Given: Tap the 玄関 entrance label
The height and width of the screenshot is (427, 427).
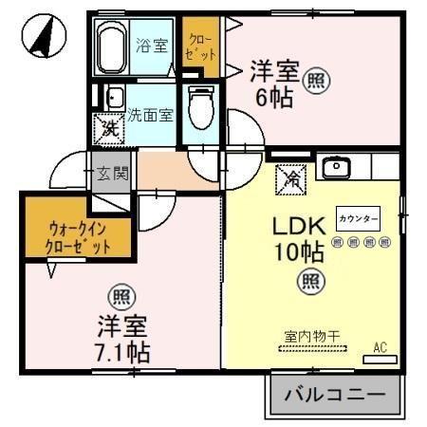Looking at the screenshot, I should (110, 173).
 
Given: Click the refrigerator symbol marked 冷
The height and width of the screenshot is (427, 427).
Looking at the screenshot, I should (289, 176).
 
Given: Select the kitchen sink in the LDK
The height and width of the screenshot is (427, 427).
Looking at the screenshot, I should (336, 169).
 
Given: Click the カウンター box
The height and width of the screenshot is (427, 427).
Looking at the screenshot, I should (358, 219).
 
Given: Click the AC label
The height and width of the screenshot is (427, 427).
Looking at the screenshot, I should (381, 347).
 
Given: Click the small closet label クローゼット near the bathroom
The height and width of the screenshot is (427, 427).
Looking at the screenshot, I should (200, 45).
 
